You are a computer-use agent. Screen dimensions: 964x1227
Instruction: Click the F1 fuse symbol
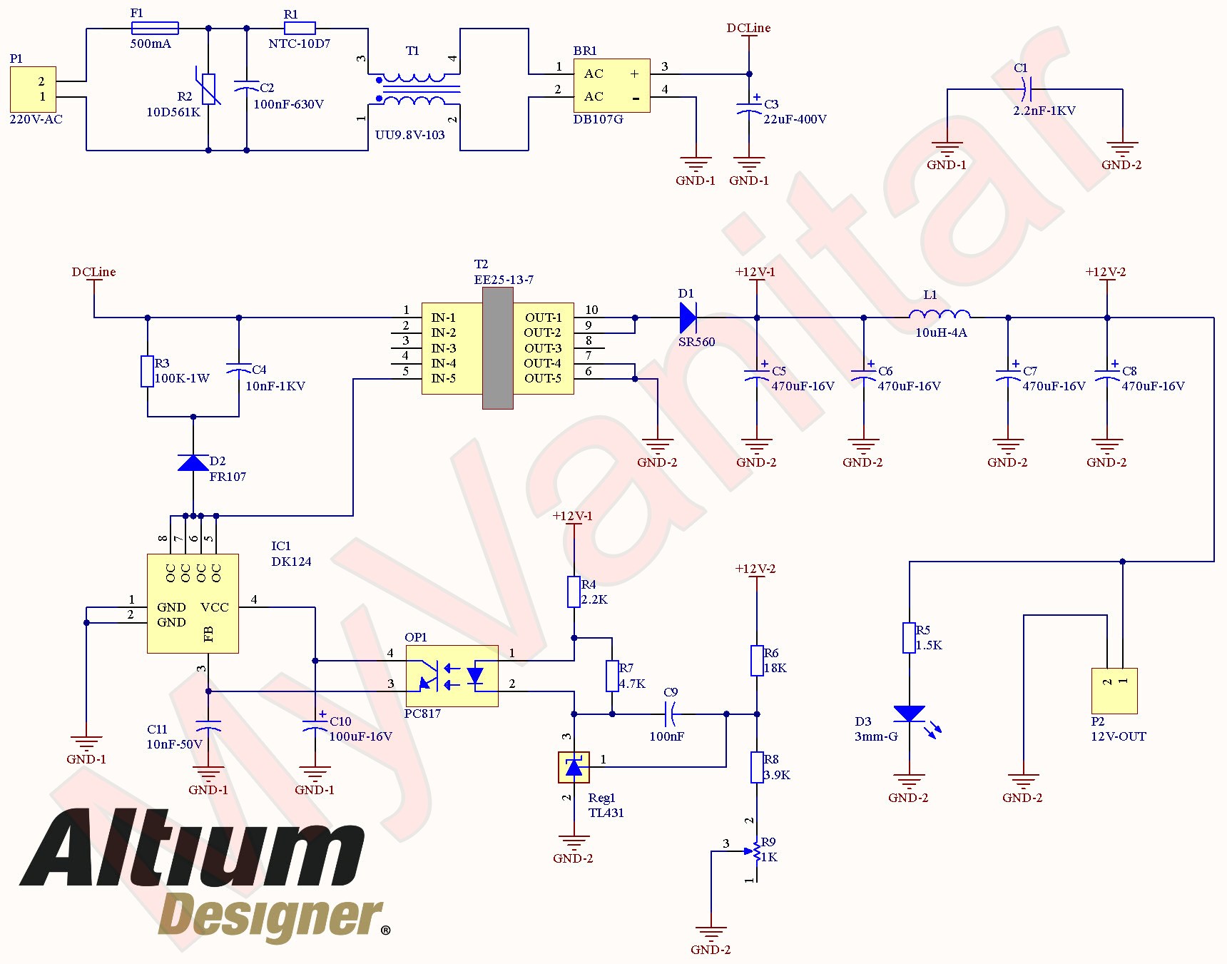click(x=155, y=29)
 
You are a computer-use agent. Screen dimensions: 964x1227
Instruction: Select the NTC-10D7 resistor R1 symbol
click(x=300, y=29)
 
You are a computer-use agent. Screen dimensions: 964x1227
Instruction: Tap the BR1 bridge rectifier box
click(x=611, y=86)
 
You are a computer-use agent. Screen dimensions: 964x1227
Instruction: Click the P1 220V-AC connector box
click(x=33, y=89)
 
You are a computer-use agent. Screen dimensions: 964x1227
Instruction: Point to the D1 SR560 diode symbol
click(x=688, y=318)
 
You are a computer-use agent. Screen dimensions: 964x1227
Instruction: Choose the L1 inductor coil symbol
click(x=940, y=315)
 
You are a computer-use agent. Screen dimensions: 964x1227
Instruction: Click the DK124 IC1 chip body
click(x=193, y=604)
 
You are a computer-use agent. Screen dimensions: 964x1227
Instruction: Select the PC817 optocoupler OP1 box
click(x=452, y=676)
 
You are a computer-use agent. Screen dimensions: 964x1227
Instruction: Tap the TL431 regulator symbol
click(x=574, y=767)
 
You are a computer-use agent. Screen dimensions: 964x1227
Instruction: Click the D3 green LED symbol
click(x=910, y=714)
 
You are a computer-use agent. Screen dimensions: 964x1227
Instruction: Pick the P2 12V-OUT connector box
click(x=1114, y=691)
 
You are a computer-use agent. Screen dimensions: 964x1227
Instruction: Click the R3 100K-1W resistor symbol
click(x=147, y=371)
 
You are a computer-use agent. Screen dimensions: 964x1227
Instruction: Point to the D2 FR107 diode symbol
click(x=193, y=463)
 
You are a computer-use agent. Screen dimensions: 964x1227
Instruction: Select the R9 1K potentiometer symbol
click(x=756, y=851)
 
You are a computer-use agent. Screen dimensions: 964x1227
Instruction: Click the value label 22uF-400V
click(x=795, y=119)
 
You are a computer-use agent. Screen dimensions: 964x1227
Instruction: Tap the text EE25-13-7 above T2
click(x=504, y=280)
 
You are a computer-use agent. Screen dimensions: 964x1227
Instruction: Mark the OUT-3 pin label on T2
click(x=543, y=348)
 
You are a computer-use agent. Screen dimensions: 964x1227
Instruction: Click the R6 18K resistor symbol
click(x=757, y=660)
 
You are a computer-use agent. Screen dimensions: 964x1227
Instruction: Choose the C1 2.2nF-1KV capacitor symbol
click(x=1026, y=89)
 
